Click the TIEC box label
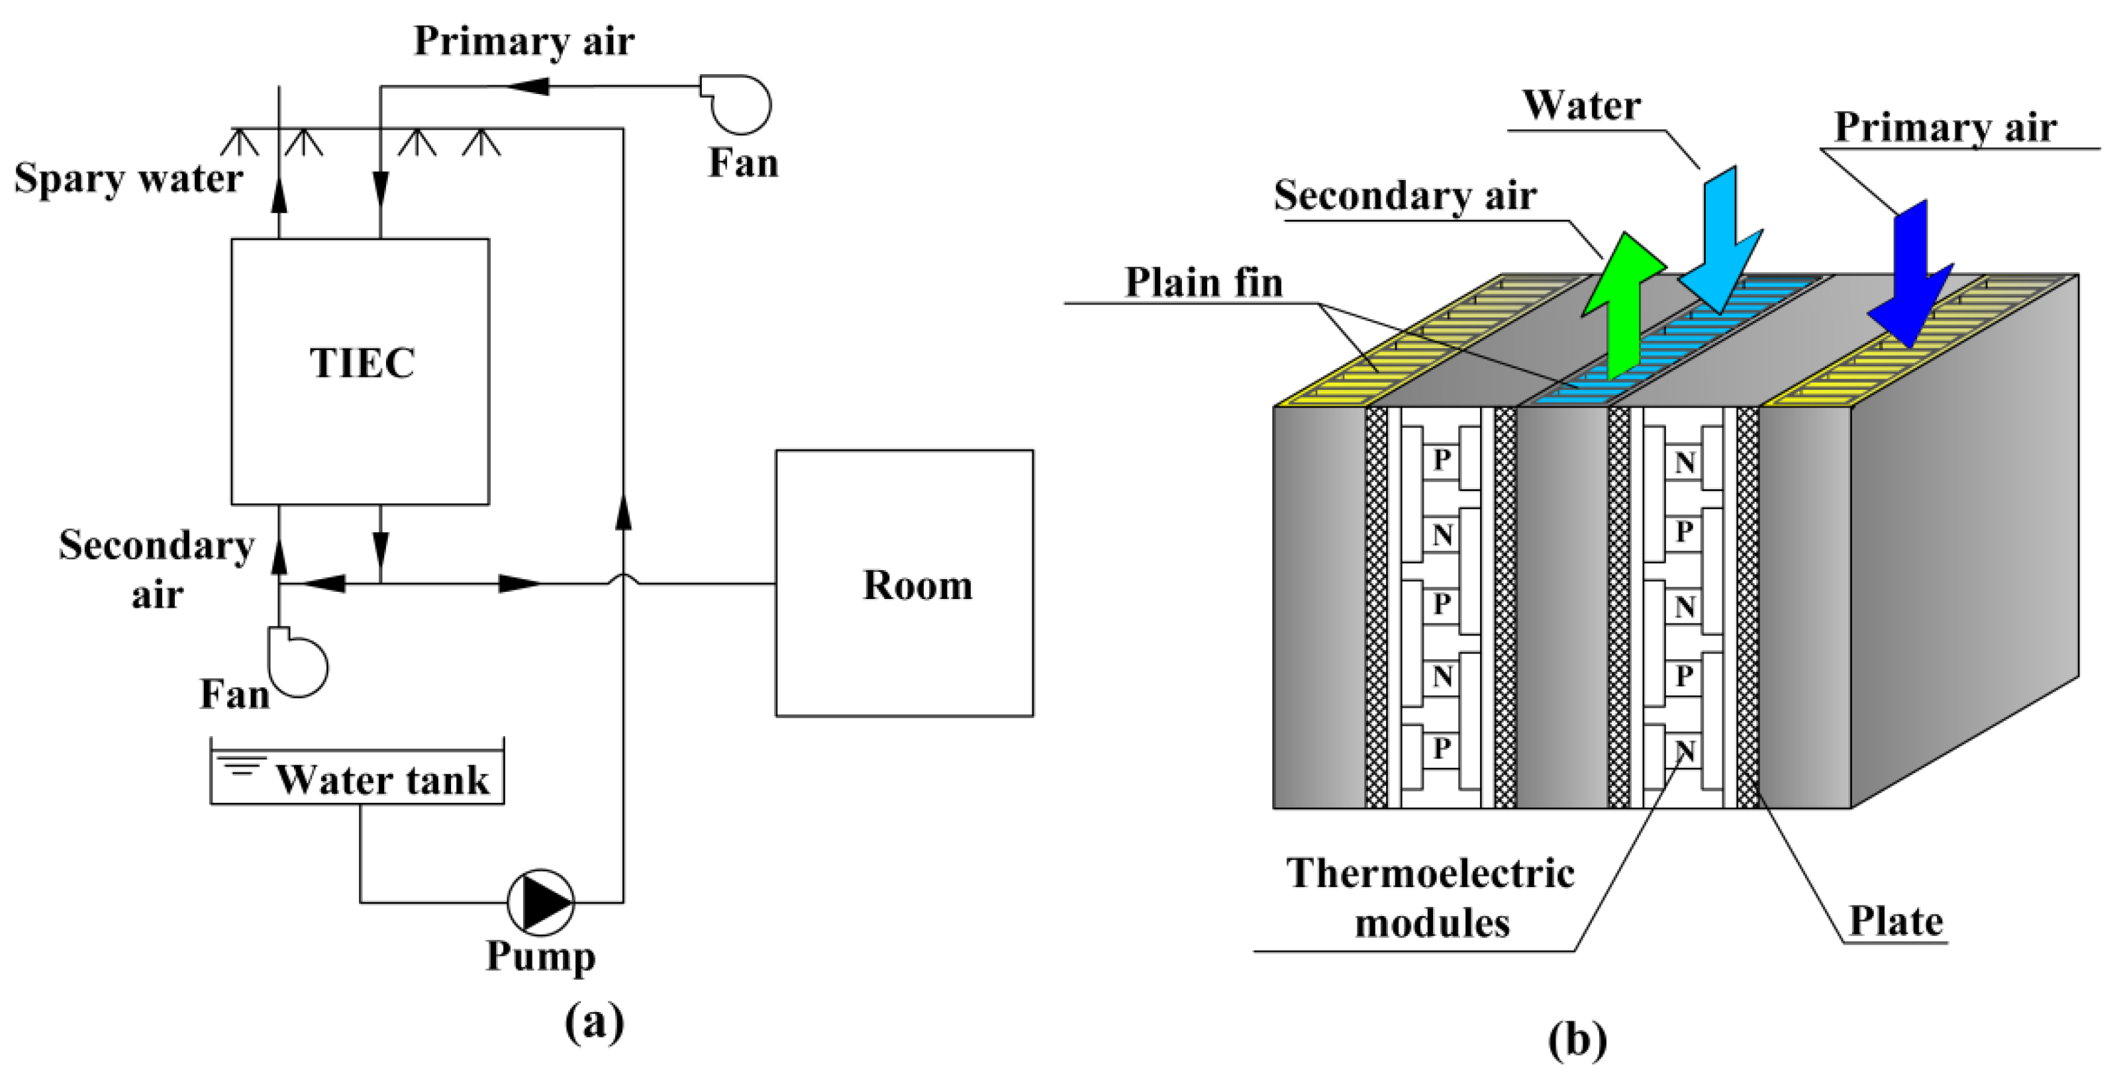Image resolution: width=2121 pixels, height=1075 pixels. pos(362,363)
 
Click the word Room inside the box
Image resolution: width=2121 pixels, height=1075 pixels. pos(916,585)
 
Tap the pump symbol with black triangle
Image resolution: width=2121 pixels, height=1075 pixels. pos(540,902)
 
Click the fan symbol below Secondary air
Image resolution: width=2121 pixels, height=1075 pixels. pos(298,663)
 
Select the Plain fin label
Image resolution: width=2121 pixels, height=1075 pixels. pos(1204,283)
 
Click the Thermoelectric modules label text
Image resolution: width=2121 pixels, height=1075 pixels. pos(1430,897)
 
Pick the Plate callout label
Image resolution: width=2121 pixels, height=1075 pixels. pos(1895,920)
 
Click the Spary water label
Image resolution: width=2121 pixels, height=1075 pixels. pos(128,178)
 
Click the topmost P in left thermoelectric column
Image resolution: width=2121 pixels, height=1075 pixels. pos(1441,459)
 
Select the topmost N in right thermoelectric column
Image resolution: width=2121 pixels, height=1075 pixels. pos(1685,463)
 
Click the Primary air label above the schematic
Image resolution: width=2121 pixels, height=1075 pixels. pos(524,41)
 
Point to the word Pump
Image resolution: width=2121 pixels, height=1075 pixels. pos(540,956)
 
